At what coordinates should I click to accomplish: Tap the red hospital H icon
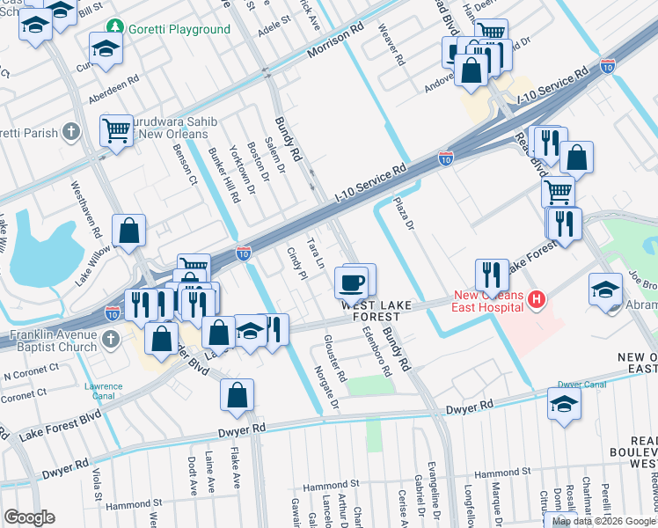coord(537,301)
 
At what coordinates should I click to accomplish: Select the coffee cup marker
coord(352,282)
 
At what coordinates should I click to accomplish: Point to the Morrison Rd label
coord(335,41)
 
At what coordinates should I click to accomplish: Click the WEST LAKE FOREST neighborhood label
coord(376,310)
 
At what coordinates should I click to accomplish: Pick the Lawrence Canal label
coord(103,392)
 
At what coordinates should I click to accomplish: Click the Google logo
coord(29,517)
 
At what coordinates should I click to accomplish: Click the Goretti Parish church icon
coord(72,134)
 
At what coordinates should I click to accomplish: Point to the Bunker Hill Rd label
coord(223,172)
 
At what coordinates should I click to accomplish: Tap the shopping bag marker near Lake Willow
coord(129,231)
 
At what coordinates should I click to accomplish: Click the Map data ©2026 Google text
coord(603,521)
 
